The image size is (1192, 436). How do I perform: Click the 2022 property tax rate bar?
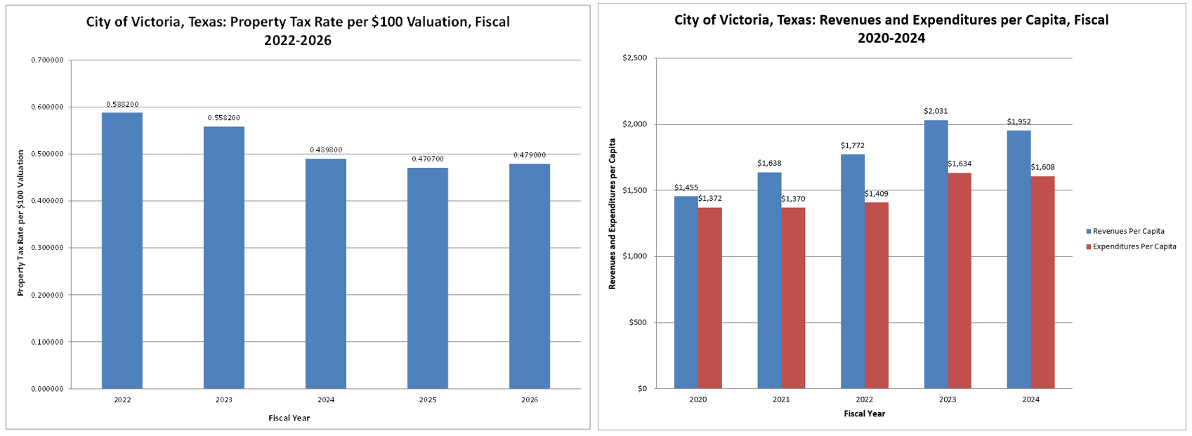click(x=122, y=251)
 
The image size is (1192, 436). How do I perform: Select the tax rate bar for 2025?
click(x=427, y=278)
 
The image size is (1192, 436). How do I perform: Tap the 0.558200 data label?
click(x=224, y=118)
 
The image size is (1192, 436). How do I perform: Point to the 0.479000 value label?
click(x=529, y=155)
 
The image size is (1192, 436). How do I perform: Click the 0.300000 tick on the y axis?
click(x=47, y=248)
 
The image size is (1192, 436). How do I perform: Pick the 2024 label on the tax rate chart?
click(x=326, y=400)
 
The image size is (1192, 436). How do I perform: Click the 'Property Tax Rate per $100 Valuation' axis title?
click(x=21, y=223)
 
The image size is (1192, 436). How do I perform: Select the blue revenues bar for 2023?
click(x=936, y=254)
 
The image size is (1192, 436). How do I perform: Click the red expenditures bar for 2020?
click(x=709, y=298)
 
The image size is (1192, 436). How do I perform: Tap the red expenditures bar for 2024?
click(x=1042, y=282)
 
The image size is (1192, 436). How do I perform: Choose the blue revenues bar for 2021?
click(x=769, y=280)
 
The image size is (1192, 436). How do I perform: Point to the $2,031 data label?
click(x=936, y=111)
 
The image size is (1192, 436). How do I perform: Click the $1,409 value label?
click(x=876, y=194)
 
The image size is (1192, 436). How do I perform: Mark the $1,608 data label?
click(x=1042, y=167)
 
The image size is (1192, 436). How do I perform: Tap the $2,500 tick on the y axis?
click(x=634, y=58)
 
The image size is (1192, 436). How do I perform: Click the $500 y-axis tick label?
click(x=638, y=323)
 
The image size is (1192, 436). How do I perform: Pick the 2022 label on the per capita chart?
click(x=864, y=399)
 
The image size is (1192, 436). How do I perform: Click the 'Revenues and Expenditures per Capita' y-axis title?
click(x=613, y=223)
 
